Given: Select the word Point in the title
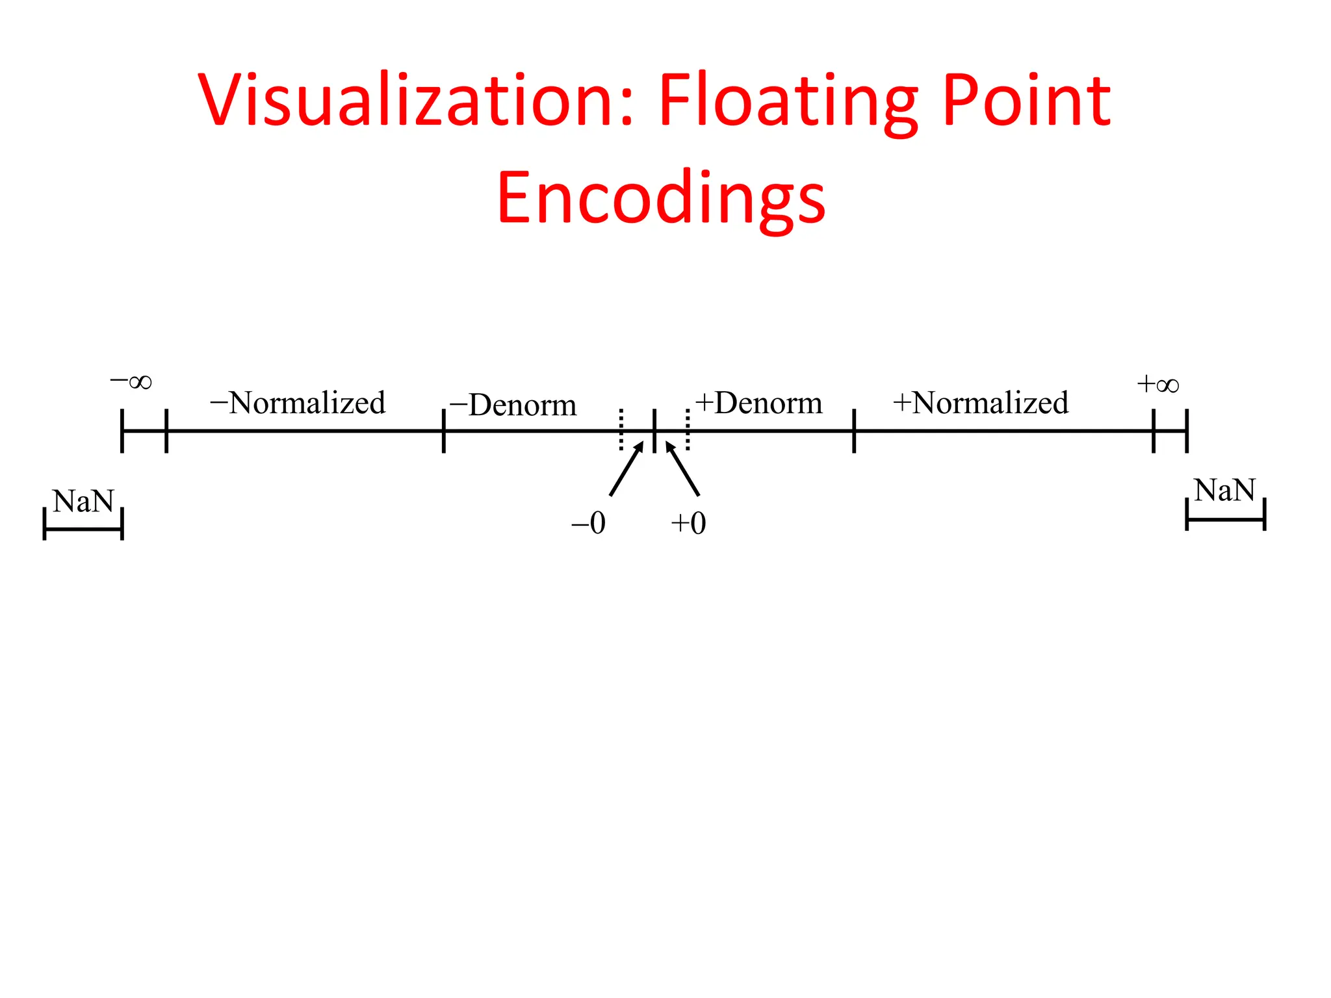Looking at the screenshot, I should (1026, 101).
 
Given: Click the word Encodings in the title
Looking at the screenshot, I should (661, 198).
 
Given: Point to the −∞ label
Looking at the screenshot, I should (131, 381).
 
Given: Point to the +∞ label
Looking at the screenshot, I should (1157, 385).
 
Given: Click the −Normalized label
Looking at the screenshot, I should (298, 403).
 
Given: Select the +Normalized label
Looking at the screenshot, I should (981, 403).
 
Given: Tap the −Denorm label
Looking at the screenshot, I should (513, 405).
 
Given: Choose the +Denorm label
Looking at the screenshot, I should (758, 403).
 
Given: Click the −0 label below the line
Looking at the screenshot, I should (588, 523).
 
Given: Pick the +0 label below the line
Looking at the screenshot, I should (688, 523).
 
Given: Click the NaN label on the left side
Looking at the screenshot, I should (83, 501).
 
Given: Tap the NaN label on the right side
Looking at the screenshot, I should (1224, 490).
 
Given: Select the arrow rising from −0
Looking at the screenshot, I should (627, 468).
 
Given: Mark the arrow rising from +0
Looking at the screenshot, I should (682, 468).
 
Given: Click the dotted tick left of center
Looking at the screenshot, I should (621, 429).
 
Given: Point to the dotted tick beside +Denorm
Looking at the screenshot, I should (688, 429).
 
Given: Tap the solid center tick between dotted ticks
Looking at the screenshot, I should (654, 429).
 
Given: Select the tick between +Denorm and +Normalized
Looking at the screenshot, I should (854, 430).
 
